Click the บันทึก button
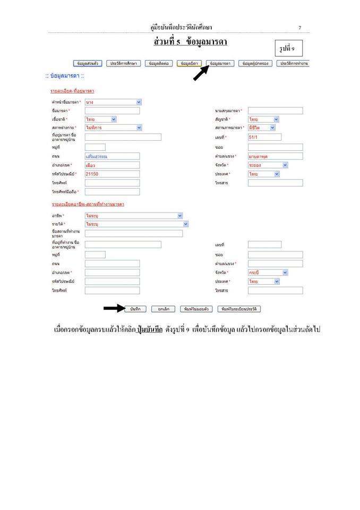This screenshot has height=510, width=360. tap(135, 309)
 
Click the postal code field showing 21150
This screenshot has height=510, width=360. tap(112, 174)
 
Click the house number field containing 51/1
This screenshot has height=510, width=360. tap(264, 137)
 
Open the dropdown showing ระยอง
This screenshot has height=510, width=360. tap(268, 165)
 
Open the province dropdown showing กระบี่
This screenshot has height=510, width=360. tap(268, 272)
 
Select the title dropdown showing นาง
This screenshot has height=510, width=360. tap(113, 101)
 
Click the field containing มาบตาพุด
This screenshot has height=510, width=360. tap(275, 156)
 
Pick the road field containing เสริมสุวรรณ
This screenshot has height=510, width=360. tap(112, 156)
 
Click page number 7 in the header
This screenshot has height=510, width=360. tap(299, 27)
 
